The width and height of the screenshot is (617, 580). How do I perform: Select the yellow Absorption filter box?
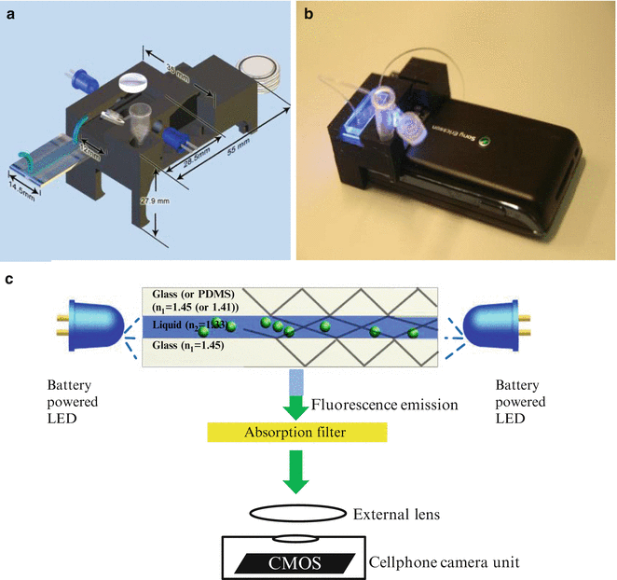click(x=295, y=432)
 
